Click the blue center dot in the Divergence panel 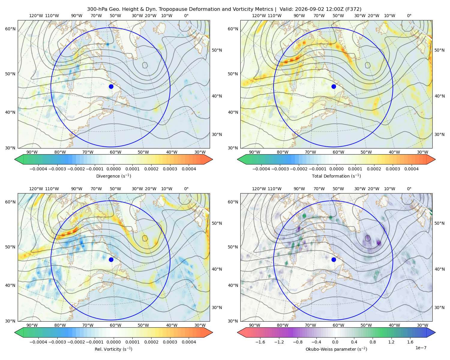point(111,87)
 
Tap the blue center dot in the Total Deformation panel point(334,87)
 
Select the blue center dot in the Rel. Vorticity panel point(111,259)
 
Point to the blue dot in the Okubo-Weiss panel point(334,259)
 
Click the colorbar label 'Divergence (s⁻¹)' point(113,176)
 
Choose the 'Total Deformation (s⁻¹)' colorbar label point(336,176)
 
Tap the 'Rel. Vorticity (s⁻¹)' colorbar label point(113,349)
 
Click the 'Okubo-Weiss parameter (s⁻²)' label point(336,349)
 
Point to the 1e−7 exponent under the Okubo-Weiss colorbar point(421,348)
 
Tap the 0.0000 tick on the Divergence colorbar point(113,169)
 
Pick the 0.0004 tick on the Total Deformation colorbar point(411,169)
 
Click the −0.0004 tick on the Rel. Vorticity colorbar point(38,342)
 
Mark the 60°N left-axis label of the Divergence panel point(10,29)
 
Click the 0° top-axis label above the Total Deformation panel point(409,16)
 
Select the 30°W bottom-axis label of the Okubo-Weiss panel point(422,325)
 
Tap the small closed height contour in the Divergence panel point(145,65)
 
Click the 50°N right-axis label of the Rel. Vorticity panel point(217,223)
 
